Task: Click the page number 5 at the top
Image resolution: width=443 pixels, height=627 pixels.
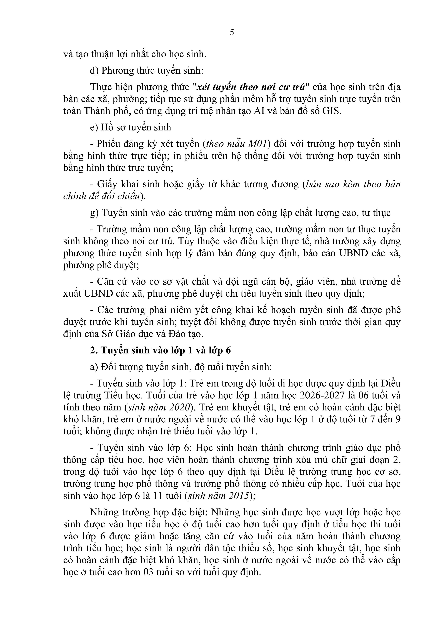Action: tap(232, 33)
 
